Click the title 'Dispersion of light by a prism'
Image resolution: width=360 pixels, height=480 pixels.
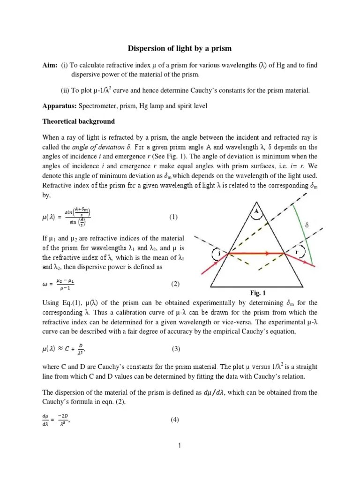click(x=180, y=49)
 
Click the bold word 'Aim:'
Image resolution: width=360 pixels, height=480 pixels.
click(x=50, y=65)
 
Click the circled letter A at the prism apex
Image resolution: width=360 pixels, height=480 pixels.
click(x=256, y=211)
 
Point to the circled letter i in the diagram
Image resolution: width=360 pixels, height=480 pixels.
click(x=219, y=253)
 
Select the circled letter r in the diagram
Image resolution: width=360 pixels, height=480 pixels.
click(x=296, y=251)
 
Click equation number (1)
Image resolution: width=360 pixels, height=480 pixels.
click(x=174, y=217)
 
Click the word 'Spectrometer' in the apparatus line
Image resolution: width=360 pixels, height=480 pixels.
click(x=99, y=106)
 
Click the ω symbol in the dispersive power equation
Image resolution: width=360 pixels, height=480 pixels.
click(x=45, y=284)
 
